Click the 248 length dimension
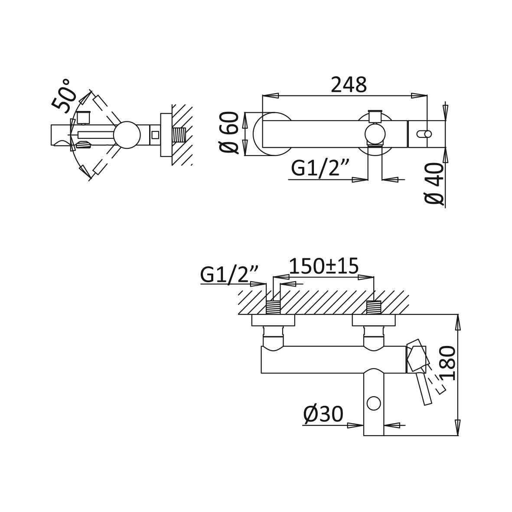coord(349,85)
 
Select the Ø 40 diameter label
coord(435,183)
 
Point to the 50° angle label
coord(64,96)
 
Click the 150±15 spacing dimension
coord(324,266)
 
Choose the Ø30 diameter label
coord(323,414)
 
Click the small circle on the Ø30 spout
coord(374,403)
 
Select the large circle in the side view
coord(127,135)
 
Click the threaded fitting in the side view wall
coord(179,135)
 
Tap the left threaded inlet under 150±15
coord(273,308)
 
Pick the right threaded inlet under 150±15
coord(374,308)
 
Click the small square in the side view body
coord(156,134)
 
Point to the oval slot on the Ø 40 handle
coord(424,134)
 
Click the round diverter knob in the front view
coord(375,134)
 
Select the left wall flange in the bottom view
coord(273,320)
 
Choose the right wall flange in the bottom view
coord(374,320)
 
